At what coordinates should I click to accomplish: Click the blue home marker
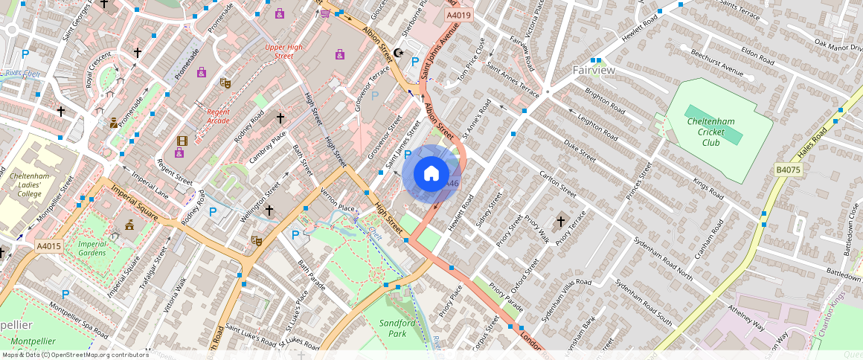click(x=431, y=175)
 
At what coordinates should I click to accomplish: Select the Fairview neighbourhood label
click(x=594, y=70)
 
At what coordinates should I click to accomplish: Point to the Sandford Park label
click(x=397, y=328)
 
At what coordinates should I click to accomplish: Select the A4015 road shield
click(x=48, y=245)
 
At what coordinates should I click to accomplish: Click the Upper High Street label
click(x=284, y=51)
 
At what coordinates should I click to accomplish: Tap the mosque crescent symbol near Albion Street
click(x=400, y=53)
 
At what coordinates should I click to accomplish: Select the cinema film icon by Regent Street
click(x=182, y=141)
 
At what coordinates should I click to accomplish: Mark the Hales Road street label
click(x=812, y=144)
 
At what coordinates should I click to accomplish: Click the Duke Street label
click(x=580, y=151)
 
